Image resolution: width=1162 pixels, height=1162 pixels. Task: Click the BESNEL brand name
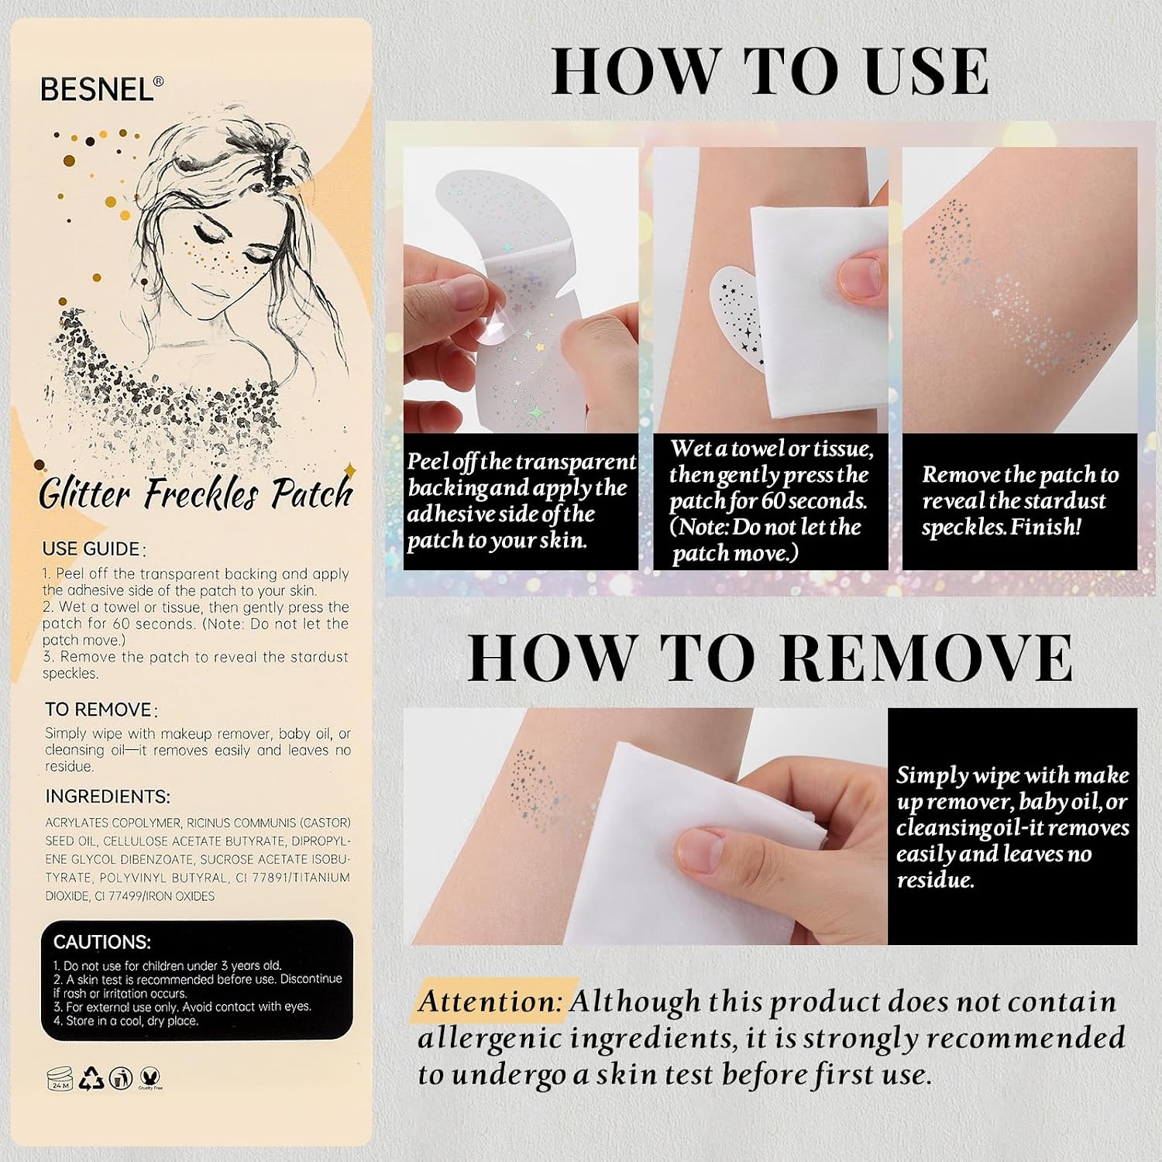[x=98, y=89]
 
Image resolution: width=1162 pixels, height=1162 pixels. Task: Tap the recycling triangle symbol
[x=92, y=1078]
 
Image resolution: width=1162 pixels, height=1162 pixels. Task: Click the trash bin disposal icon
[x=120, y=1078]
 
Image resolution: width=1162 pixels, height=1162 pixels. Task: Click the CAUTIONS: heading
[x=102, y=942]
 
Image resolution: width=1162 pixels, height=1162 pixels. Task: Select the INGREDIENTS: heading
[x=108, y=796]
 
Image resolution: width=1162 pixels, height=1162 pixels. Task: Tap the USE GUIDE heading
[x=91, y=549]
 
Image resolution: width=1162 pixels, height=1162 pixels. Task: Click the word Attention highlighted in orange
[x=490, y=1001]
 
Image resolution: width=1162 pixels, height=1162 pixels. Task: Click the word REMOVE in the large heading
[x=927, y=658]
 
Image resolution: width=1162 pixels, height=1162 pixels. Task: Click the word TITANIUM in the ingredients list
[x=321, y=878]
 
